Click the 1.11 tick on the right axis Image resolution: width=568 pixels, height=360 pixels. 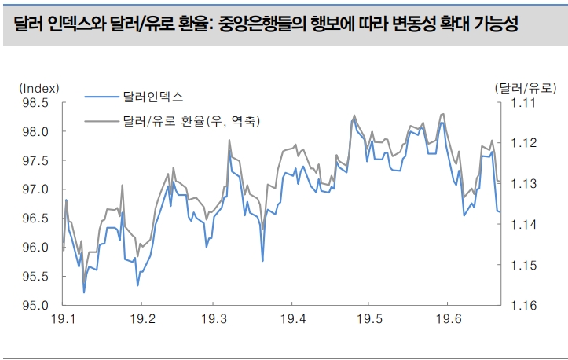coord(522,102)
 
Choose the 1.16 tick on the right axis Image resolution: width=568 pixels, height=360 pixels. coord(522,305)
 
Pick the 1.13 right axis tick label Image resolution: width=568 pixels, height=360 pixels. coord(522,183)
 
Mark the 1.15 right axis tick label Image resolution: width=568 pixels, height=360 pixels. coord(522,265)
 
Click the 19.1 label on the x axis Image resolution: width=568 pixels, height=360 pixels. coord(62,320)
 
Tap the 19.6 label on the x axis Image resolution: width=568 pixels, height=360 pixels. coord(446,320)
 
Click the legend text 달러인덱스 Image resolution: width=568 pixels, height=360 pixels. coord(152,97)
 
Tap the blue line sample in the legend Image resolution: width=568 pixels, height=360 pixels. coord(101,97)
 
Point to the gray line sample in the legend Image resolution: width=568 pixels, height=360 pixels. coord(101,122)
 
